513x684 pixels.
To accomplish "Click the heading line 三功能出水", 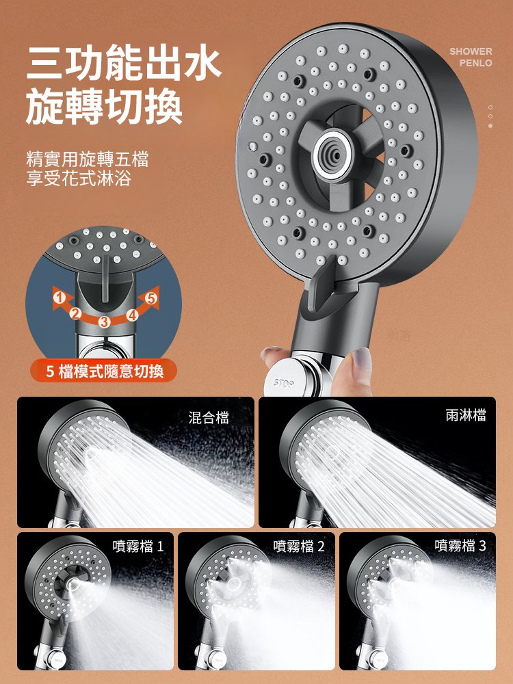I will coord(124,64).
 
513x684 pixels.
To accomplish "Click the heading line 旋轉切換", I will coord(104,109).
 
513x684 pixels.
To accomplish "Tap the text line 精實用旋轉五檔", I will coord(87,160).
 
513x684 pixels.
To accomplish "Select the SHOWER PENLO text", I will coord(471,57).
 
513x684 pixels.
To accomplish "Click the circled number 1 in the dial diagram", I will coord(60,297).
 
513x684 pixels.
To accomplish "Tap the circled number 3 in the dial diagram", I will coord(105,321).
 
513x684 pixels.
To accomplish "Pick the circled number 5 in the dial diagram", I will coord(151,298).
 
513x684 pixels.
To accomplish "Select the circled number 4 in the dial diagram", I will coord(131,315).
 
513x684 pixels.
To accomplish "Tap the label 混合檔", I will coord(209,417).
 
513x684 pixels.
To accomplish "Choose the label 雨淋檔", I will coord(465,415).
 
